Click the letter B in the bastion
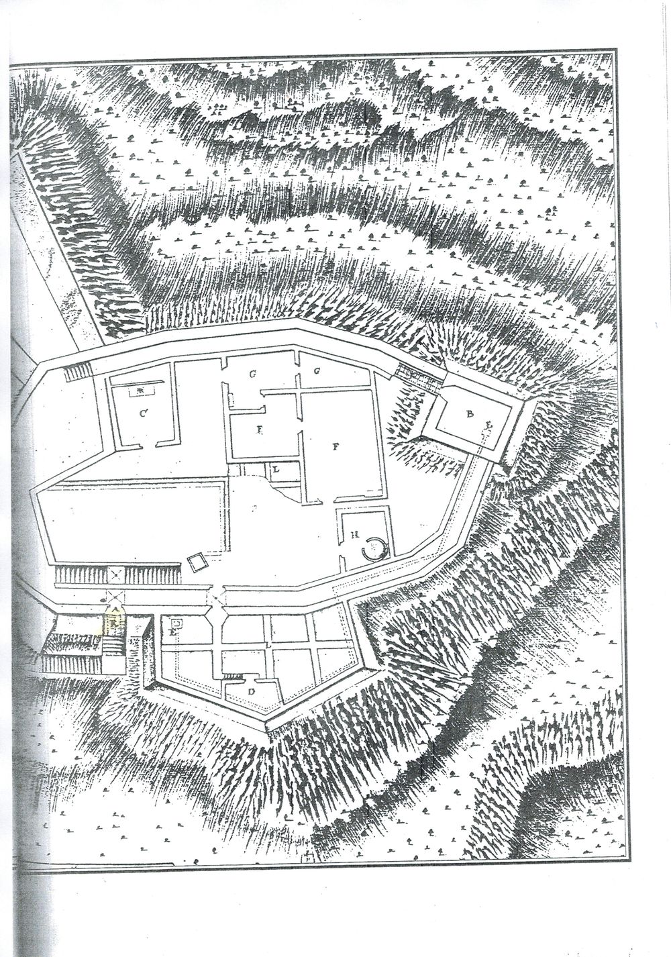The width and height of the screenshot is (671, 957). tap(468, 414)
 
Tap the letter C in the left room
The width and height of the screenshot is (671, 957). tap(144, 414)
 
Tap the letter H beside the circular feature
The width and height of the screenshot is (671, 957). tap(354, 535)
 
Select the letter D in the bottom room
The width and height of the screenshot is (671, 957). tap(251, 691)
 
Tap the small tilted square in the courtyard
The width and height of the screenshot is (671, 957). tap(197, 562)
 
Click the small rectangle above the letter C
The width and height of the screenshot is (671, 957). tap(140, 389)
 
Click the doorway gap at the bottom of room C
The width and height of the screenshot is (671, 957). tap(143, 444)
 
